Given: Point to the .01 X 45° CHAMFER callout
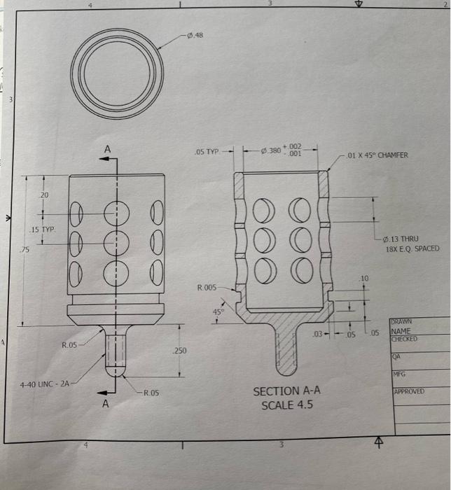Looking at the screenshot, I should click(382, 155).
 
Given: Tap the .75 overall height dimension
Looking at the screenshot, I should click(25, 250).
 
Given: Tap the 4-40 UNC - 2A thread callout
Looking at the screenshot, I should click(43, 384).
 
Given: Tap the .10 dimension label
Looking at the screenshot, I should click(363, 279).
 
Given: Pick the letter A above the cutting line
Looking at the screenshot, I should click(107, 150).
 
